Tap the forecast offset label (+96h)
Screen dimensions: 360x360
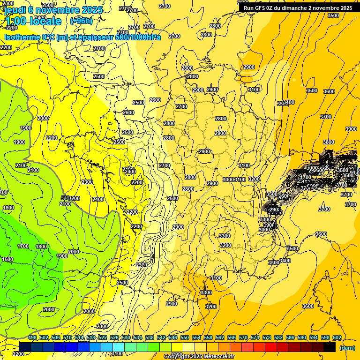(81, 21)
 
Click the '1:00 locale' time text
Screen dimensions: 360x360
(33, 21)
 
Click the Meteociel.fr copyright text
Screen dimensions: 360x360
(199, 356)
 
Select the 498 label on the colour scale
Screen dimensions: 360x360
(32, 337)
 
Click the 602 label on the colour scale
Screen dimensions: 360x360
(337, 337)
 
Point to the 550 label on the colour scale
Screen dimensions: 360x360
(185, 337)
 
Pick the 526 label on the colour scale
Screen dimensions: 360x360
(114, 337)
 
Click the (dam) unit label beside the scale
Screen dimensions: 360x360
(347, 347)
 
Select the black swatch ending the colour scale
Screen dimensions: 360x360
(330, 347)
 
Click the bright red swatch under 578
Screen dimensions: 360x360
(271, 347)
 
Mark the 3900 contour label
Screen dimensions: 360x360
(351, 129)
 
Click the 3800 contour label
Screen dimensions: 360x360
(329, 142)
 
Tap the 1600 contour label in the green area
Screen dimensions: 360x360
(7, 259)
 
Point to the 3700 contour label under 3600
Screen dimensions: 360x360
(326, 117)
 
